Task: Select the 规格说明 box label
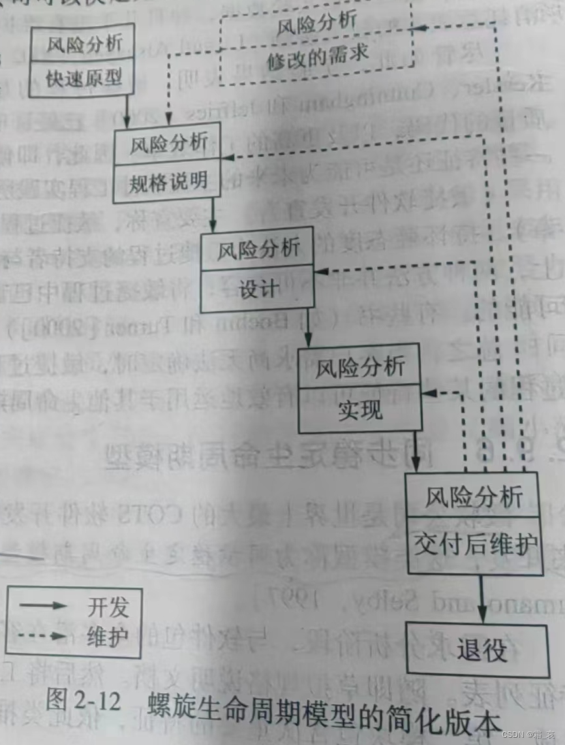pos(167,181)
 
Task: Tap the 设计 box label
pos(258,289)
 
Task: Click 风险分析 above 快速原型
pos(84,44)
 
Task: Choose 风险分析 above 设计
pos(258,249)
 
